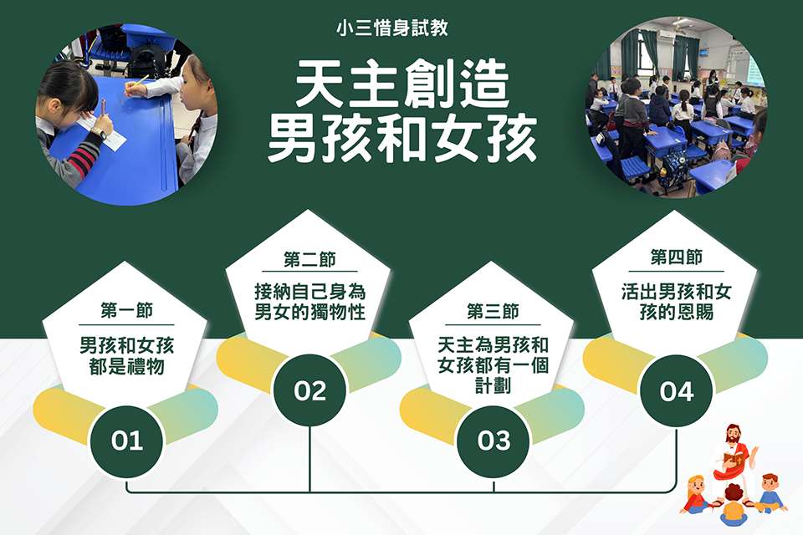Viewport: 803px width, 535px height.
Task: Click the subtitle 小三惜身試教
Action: tap(392, 28)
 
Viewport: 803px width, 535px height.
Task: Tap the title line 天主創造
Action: tap(402, 84)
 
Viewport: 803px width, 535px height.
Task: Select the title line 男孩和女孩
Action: tap(402, 138)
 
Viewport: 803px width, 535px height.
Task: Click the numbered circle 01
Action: tap(126, 441)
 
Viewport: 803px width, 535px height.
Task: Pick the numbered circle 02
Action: tap(309, 390)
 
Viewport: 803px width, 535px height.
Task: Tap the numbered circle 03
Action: tap(494, 441)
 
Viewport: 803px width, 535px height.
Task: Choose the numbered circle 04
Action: tap(677, 392)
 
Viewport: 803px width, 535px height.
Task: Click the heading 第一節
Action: tap(126, 310)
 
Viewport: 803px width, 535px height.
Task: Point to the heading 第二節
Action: tap(309, 259)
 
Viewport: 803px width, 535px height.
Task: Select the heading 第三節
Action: tap(494, 311)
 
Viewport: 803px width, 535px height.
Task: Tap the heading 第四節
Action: tap(677, 257)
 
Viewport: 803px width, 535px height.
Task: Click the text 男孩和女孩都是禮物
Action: tap(126, 356)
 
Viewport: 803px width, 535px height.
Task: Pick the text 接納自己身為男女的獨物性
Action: tap(309, 302)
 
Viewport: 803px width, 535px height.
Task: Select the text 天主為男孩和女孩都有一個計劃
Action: tap(494, 364)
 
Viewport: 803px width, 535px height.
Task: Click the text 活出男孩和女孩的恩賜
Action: tap(677, 302)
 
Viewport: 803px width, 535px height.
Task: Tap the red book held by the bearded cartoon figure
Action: tap(733, 459)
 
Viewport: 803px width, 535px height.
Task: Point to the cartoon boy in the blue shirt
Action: tap(770, 492)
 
